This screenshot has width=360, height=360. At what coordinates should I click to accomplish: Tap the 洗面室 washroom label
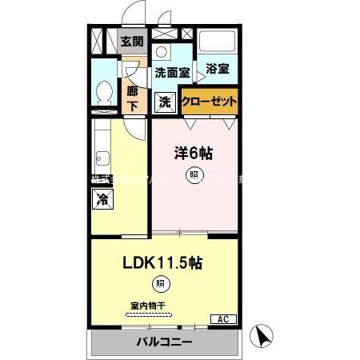click(171, 72)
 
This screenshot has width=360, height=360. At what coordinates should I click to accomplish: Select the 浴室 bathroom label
click(217, 69)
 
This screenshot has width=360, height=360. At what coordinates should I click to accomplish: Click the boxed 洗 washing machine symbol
click(164, 102)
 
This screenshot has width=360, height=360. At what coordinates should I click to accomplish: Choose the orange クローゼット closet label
click(209, 102)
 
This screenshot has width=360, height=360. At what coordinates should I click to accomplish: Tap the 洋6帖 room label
click(194, 150)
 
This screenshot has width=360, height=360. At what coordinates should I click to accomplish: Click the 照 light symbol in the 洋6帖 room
click(193, 174)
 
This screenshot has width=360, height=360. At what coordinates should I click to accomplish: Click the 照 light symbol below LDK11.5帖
click(160, 283)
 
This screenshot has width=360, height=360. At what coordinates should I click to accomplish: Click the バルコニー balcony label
click(163, 342)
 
